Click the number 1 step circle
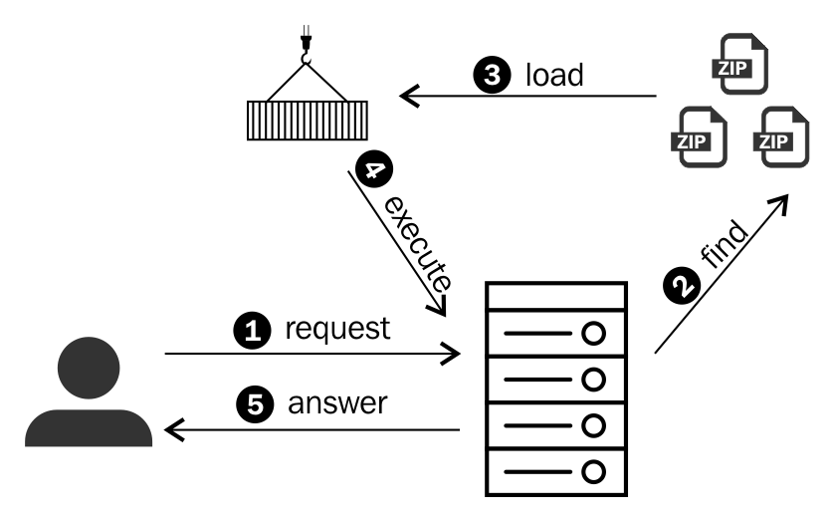click(x=252, y=331)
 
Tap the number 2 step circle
click(x=682, y=285)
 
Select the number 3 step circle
click(x=492, y=75)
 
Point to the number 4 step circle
click(x=374, y=168)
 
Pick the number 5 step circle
click(x=255, y=404)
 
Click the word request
click(x=337, y=330)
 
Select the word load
click(x=554, y=75)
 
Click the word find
click(x=724, y=244)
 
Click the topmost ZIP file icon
click(x=740, y=64)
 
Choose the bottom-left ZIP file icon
click(x=700, y=137)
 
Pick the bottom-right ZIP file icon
click(x=781, y=137)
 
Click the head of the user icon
click(x=89, y=368)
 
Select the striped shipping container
click(x=308, y=121)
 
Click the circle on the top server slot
click(x=593, y=334)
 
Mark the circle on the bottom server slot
click(x=593, y=471)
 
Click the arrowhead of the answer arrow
click(x=173, y=429)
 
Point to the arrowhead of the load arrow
click(x=408, y=96)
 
